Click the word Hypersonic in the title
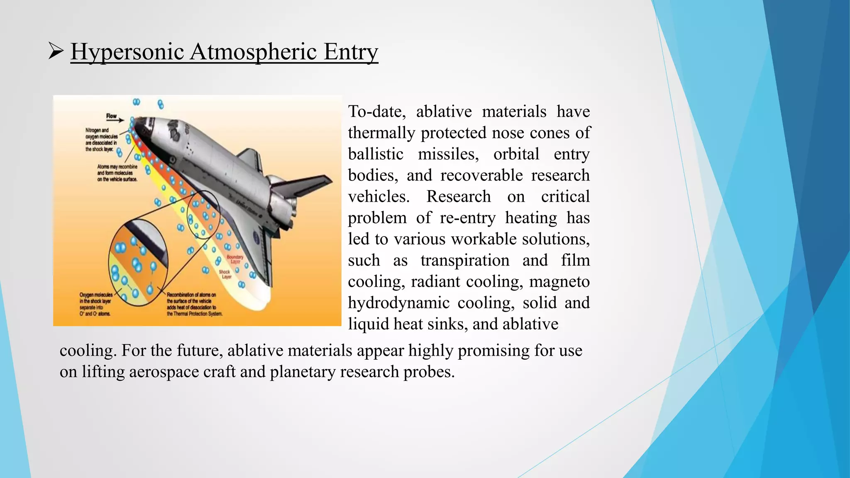click(x=127, y=52)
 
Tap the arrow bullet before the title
click(x=56, y=51)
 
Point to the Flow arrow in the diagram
click(x=115, y=121)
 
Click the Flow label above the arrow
click(x=111, y=116)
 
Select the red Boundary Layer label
click(x=235, y=259)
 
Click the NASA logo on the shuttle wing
click(x=256, y=238)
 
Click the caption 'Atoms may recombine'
click(x=117, y=173)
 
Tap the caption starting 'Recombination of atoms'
click(x=194, y=304)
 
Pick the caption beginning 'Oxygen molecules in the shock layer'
click(x=96, y=304)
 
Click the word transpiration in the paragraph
click(x=465, y=261)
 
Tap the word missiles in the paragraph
click(x=448, y=154)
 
